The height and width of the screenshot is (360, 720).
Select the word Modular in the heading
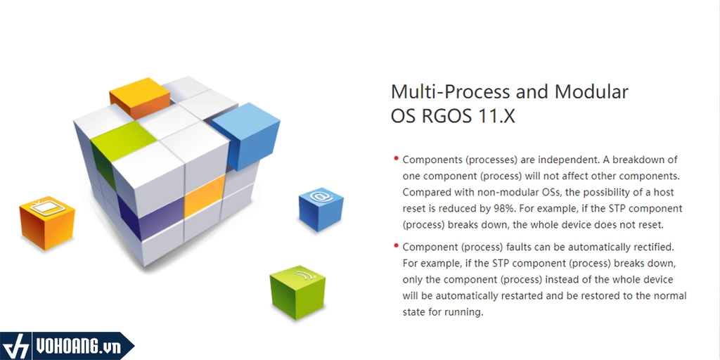click(x=591, y=92)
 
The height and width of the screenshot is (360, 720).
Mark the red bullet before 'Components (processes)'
click(x=396, y=158)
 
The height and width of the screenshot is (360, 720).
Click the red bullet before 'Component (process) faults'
click(x=396, y=245)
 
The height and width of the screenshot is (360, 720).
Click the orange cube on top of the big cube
click(x=140, y=97)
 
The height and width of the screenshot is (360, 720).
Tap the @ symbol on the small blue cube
click(x=320, y=197)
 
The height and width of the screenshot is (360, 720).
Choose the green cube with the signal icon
click(x=297, y=292)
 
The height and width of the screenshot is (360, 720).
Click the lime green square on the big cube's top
click(x=122, y=141)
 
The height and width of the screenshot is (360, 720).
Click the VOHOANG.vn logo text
click(x=78, y=347)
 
